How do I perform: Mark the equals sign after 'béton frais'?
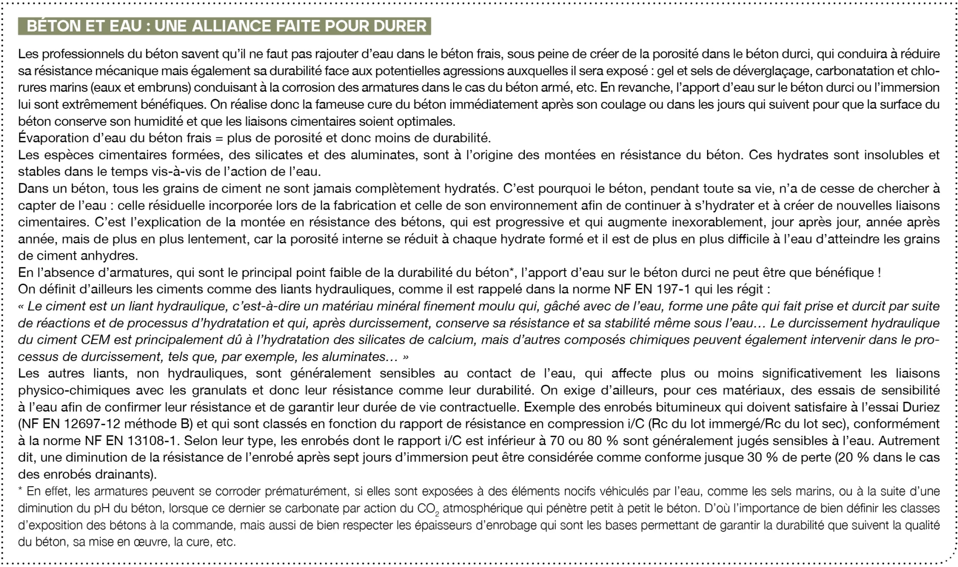(219, 138)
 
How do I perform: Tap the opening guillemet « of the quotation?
(21, 307)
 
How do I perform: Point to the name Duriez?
(921, 407)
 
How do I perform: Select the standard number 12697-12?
(92, 424)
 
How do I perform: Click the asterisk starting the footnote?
(20, 490)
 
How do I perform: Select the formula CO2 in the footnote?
(428, 509)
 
